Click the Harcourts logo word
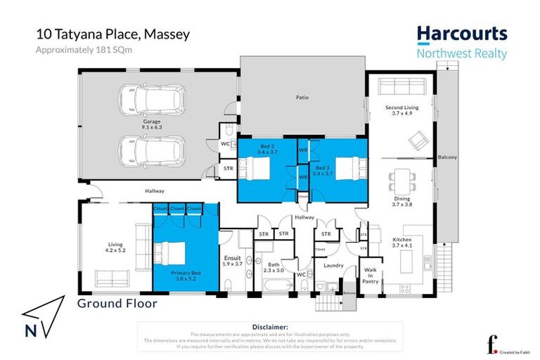[461, 34]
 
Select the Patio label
[302, 98]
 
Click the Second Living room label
[402, 110]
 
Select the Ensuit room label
[232, 260]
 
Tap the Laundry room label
[333, 266]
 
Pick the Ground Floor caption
[117, 304]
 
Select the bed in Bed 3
[350, 169]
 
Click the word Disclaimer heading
[269, 327]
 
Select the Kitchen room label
[402, 243]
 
